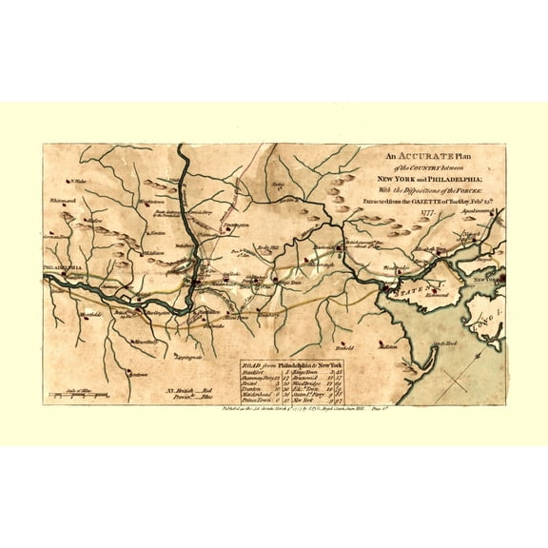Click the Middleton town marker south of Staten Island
[388, 349]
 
